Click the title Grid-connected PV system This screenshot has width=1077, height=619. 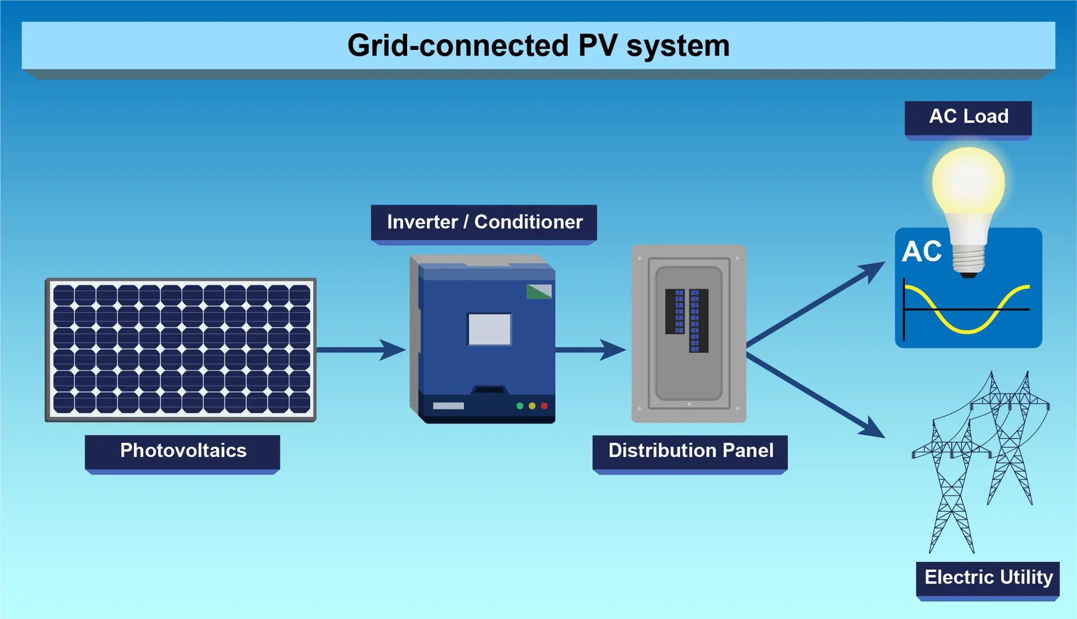point(538,45)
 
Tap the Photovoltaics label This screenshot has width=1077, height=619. point(183,451)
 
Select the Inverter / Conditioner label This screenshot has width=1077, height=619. point(484,222)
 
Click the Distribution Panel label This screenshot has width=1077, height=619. point(691,451)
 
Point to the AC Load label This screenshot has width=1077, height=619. point(968,117)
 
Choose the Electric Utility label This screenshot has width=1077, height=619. point(988,577)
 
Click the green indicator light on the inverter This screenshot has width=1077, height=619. point(520,406)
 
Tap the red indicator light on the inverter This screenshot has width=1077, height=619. point(544,406)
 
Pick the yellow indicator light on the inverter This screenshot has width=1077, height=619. point(532,406)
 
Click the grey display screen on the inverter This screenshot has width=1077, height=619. point(489,329)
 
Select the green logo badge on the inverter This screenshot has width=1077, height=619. point(538,291)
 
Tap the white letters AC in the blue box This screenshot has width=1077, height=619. point(922,251)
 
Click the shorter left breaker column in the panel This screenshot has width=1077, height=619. point(675,311)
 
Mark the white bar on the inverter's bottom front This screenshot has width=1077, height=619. point(448,406)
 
